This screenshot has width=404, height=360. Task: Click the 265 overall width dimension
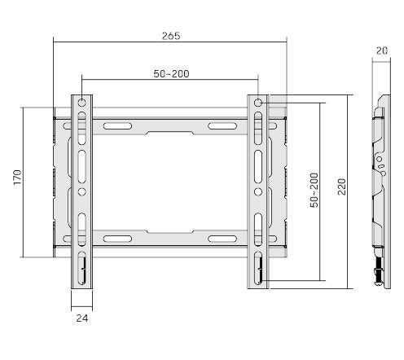(x=170, y=36)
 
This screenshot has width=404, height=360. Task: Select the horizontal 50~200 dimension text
(x=171, y=74)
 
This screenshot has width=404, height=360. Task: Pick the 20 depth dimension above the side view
(x=381, y=50)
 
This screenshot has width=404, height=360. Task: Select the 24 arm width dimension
(x=81, y=318)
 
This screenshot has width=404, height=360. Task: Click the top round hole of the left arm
(x=81, y=103)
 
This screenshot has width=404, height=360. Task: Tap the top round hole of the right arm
(x=258, y=103)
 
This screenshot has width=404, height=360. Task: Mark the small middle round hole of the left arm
(x=81, y=193)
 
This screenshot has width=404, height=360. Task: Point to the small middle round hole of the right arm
(x=258, y=193)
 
